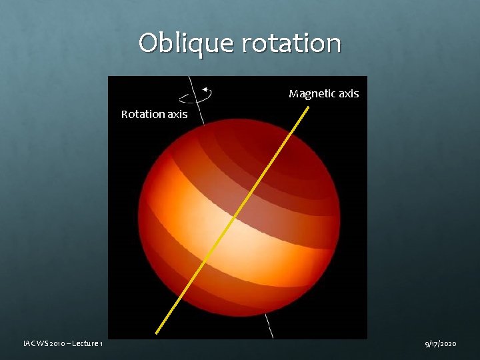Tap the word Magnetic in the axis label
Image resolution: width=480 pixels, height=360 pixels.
pos(311,94)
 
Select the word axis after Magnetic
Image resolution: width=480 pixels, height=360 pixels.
pos(348,94)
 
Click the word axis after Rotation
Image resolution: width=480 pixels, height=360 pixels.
pos(177,114)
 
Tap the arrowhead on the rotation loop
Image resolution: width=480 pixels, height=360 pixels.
pos(205,89)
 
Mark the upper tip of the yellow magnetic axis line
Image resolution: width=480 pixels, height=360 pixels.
pos(307,107)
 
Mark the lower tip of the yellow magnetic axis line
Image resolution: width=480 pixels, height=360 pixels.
pos(157,331)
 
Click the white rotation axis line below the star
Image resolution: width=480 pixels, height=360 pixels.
pos(269,326)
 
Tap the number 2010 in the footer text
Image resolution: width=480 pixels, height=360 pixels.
pos(55,343)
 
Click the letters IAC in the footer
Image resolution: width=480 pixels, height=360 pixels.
pos(28,343)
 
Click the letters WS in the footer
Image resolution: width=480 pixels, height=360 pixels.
pos(40,343)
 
